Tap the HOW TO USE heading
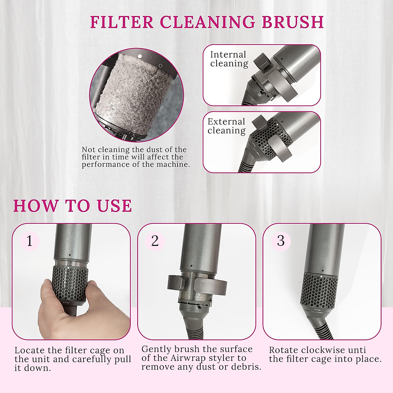tap(72, 206)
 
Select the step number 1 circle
tap(30, 241)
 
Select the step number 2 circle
tap(155, 241)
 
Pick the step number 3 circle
tap(281, 241)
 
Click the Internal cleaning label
tap(229, 59)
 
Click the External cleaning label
tap(227, 126)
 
